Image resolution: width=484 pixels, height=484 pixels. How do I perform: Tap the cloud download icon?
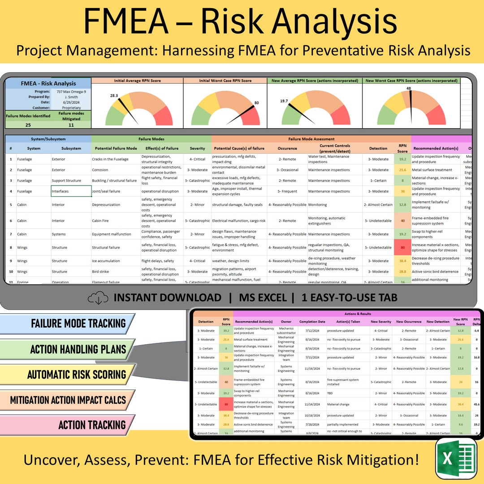[x=98, y=298]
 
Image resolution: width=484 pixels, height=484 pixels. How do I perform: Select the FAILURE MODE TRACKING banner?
[x=67, y=324]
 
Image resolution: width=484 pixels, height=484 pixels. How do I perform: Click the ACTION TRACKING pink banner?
[x=67, y=425]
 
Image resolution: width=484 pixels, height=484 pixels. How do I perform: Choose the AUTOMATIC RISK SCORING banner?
[x=67, y=374]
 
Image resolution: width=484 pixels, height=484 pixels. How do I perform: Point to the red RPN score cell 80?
[x=402, y=247]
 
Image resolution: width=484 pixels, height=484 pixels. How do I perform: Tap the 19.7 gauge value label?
[x=283, y=101]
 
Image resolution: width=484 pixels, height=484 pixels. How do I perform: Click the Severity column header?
[x=197, y=148]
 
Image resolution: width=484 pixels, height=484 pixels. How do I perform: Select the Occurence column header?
[x=287, y=148]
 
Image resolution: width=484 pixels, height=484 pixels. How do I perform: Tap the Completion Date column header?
[x=312, y=321]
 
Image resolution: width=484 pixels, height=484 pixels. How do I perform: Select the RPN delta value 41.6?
[x=476, y=404]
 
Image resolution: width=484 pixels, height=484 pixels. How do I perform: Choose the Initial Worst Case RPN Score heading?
[x=225, y=81]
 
